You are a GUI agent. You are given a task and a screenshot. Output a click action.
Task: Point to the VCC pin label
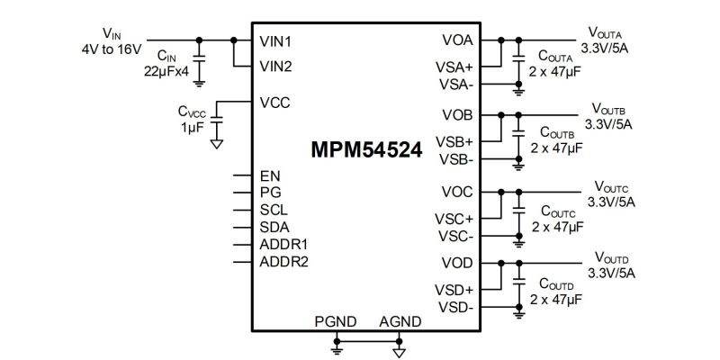[x=274, y=103]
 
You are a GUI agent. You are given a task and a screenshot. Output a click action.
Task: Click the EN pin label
[x=269, y=175]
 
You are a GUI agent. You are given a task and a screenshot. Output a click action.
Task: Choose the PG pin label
[x=270, y=193]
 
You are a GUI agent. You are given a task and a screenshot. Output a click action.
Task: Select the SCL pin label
[x=273, y=210]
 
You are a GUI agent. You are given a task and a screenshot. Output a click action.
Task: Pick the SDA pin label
[x=274, y=227]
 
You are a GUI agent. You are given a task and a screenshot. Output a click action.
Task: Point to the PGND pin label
[x=336, y=321]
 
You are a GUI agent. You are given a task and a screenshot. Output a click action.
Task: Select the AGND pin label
[x=400, y=321]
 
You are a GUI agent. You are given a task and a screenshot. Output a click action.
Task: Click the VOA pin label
[x=457, y=41]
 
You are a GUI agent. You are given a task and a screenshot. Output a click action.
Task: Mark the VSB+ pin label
[x=455, y=142]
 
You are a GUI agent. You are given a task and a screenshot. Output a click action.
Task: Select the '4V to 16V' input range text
[x=111, y=48]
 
